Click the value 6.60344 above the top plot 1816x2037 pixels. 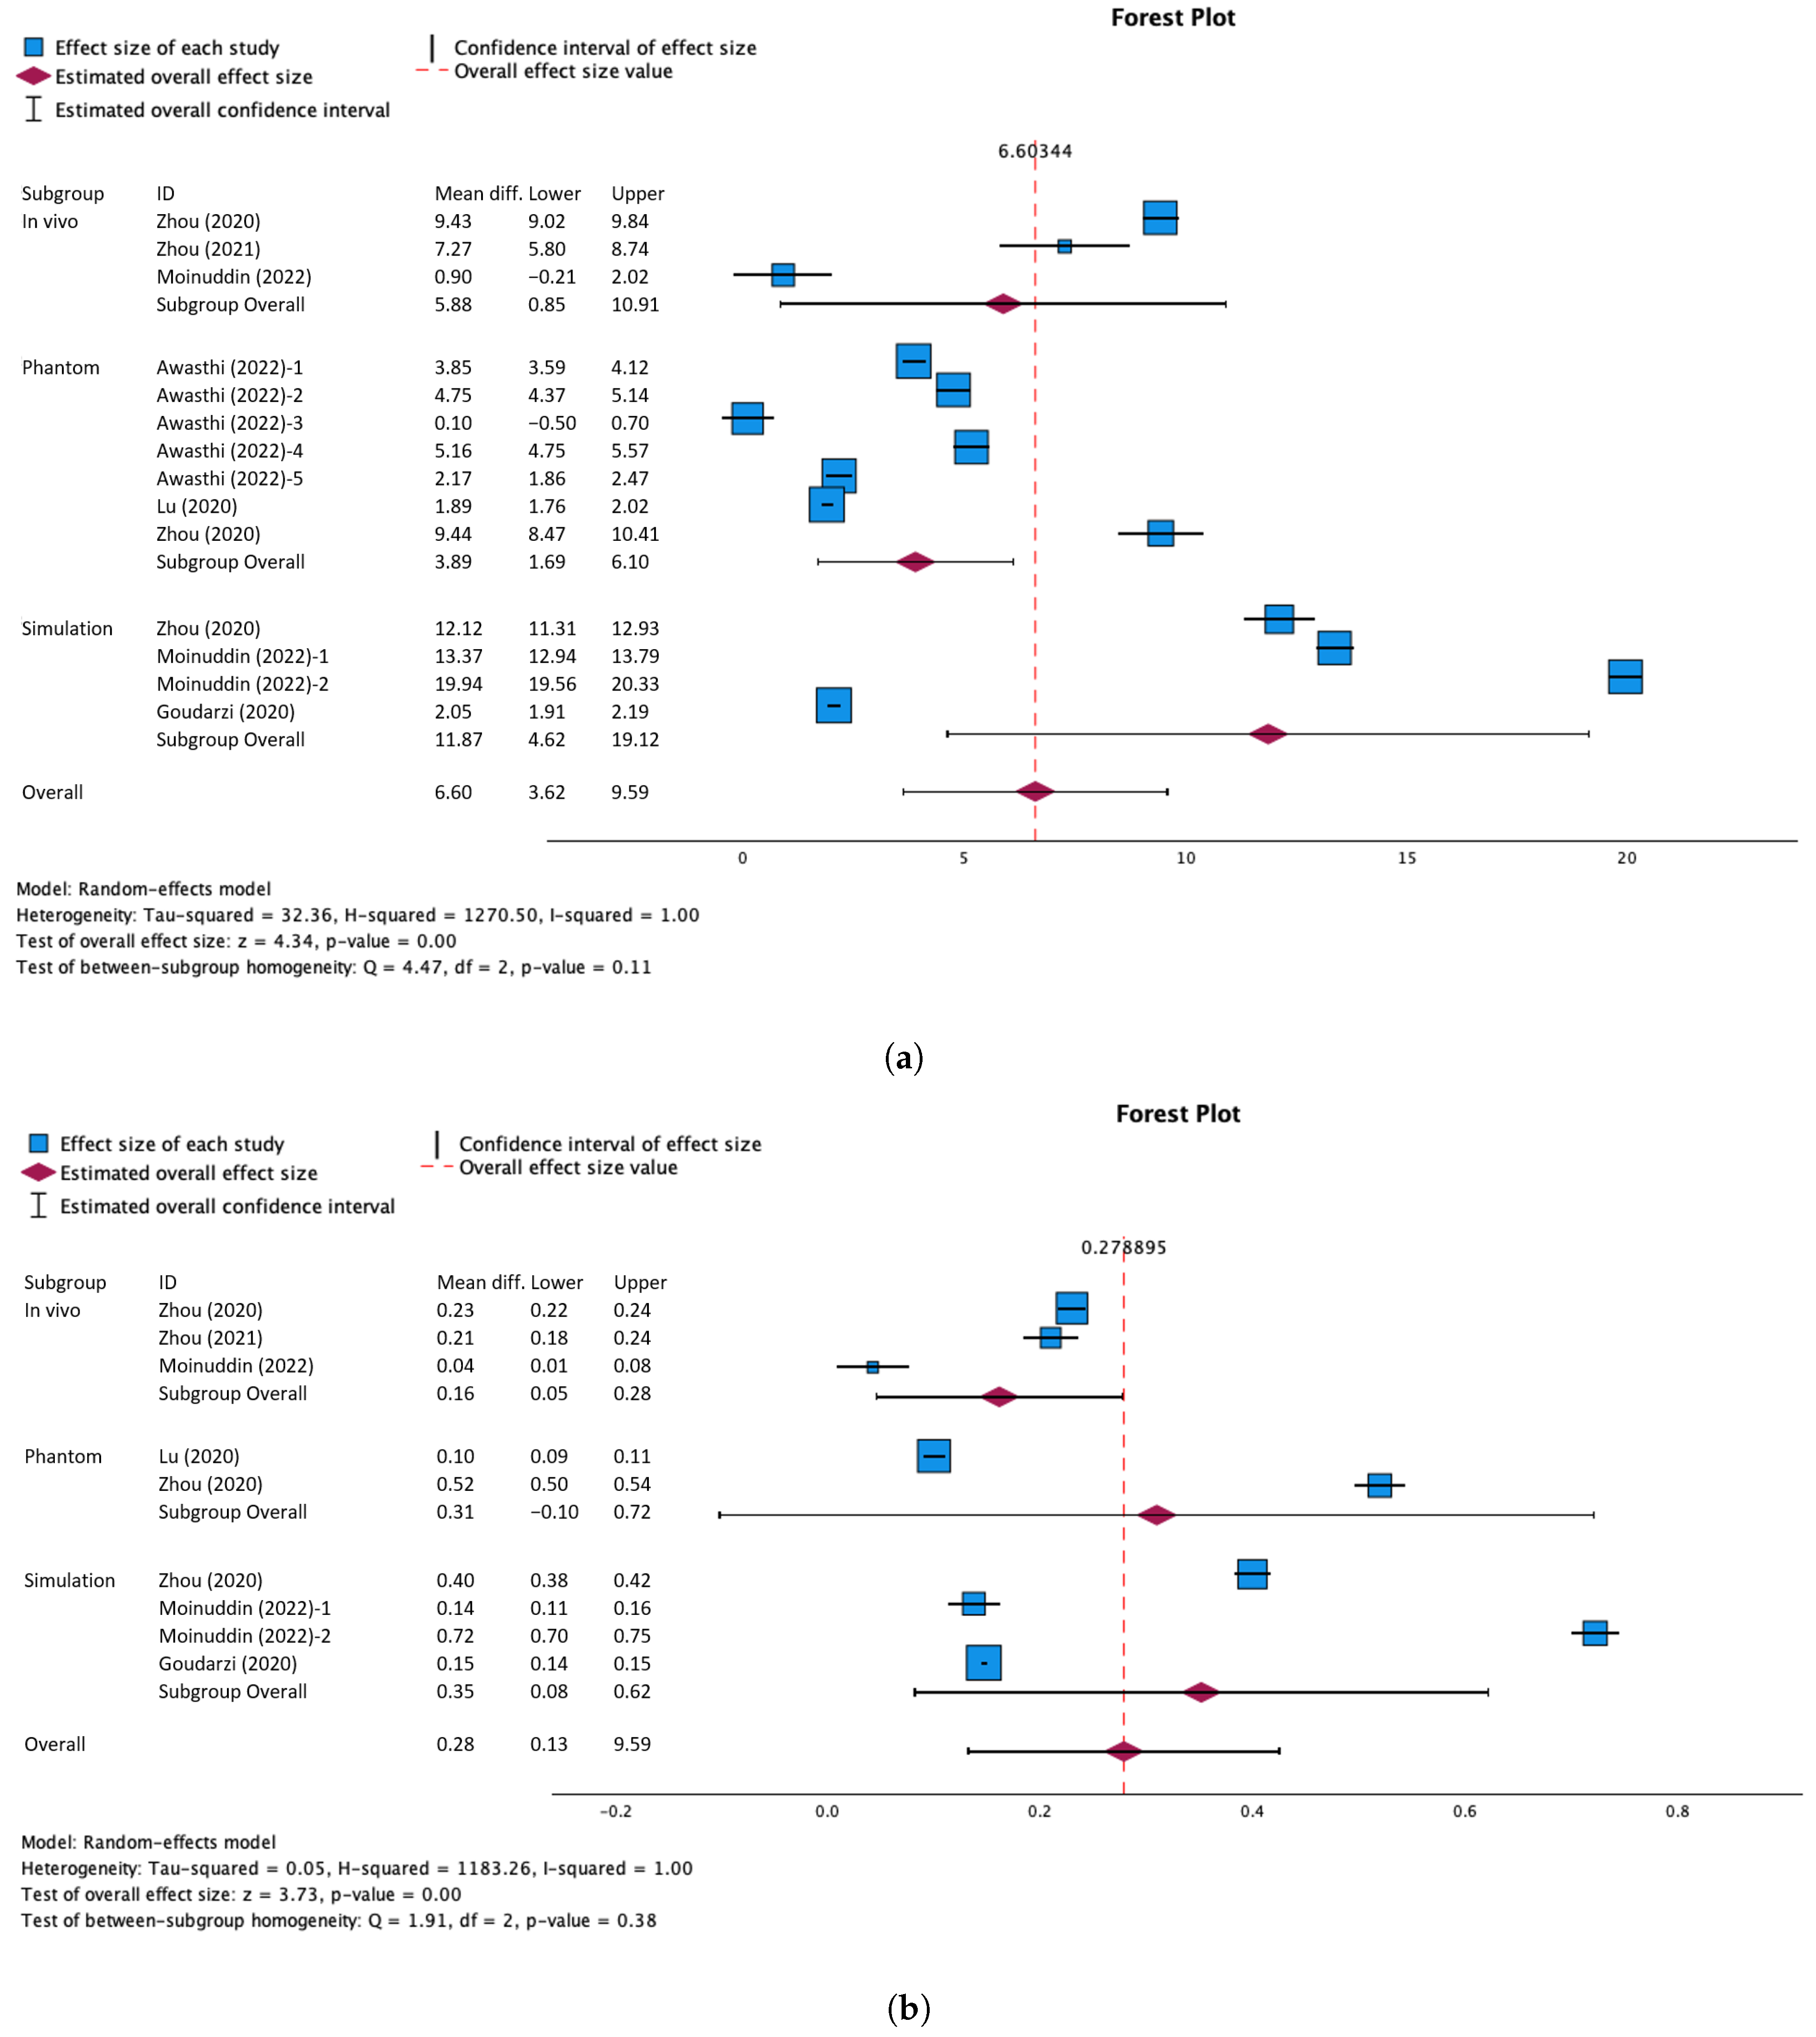(1035, 151)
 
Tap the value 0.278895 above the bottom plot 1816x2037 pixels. (1124, 1247)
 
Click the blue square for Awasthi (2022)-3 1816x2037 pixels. (748, 418)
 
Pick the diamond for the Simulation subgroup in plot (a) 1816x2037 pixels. (1267, 734)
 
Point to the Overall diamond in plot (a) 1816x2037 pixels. (1035, 791)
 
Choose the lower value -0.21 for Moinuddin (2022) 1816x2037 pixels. (552, 277)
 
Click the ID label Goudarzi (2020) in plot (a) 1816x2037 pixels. (226, 712)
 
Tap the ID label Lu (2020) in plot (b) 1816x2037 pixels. (198, 1456)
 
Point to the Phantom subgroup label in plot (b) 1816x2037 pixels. (63, 1456)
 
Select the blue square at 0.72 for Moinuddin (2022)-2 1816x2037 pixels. (1594, 1633)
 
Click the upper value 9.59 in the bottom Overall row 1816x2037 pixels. (632, 1744)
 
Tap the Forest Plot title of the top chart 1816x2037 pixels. (1172, 18)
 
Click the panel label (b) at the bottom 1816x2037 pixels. (908, 2007)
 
